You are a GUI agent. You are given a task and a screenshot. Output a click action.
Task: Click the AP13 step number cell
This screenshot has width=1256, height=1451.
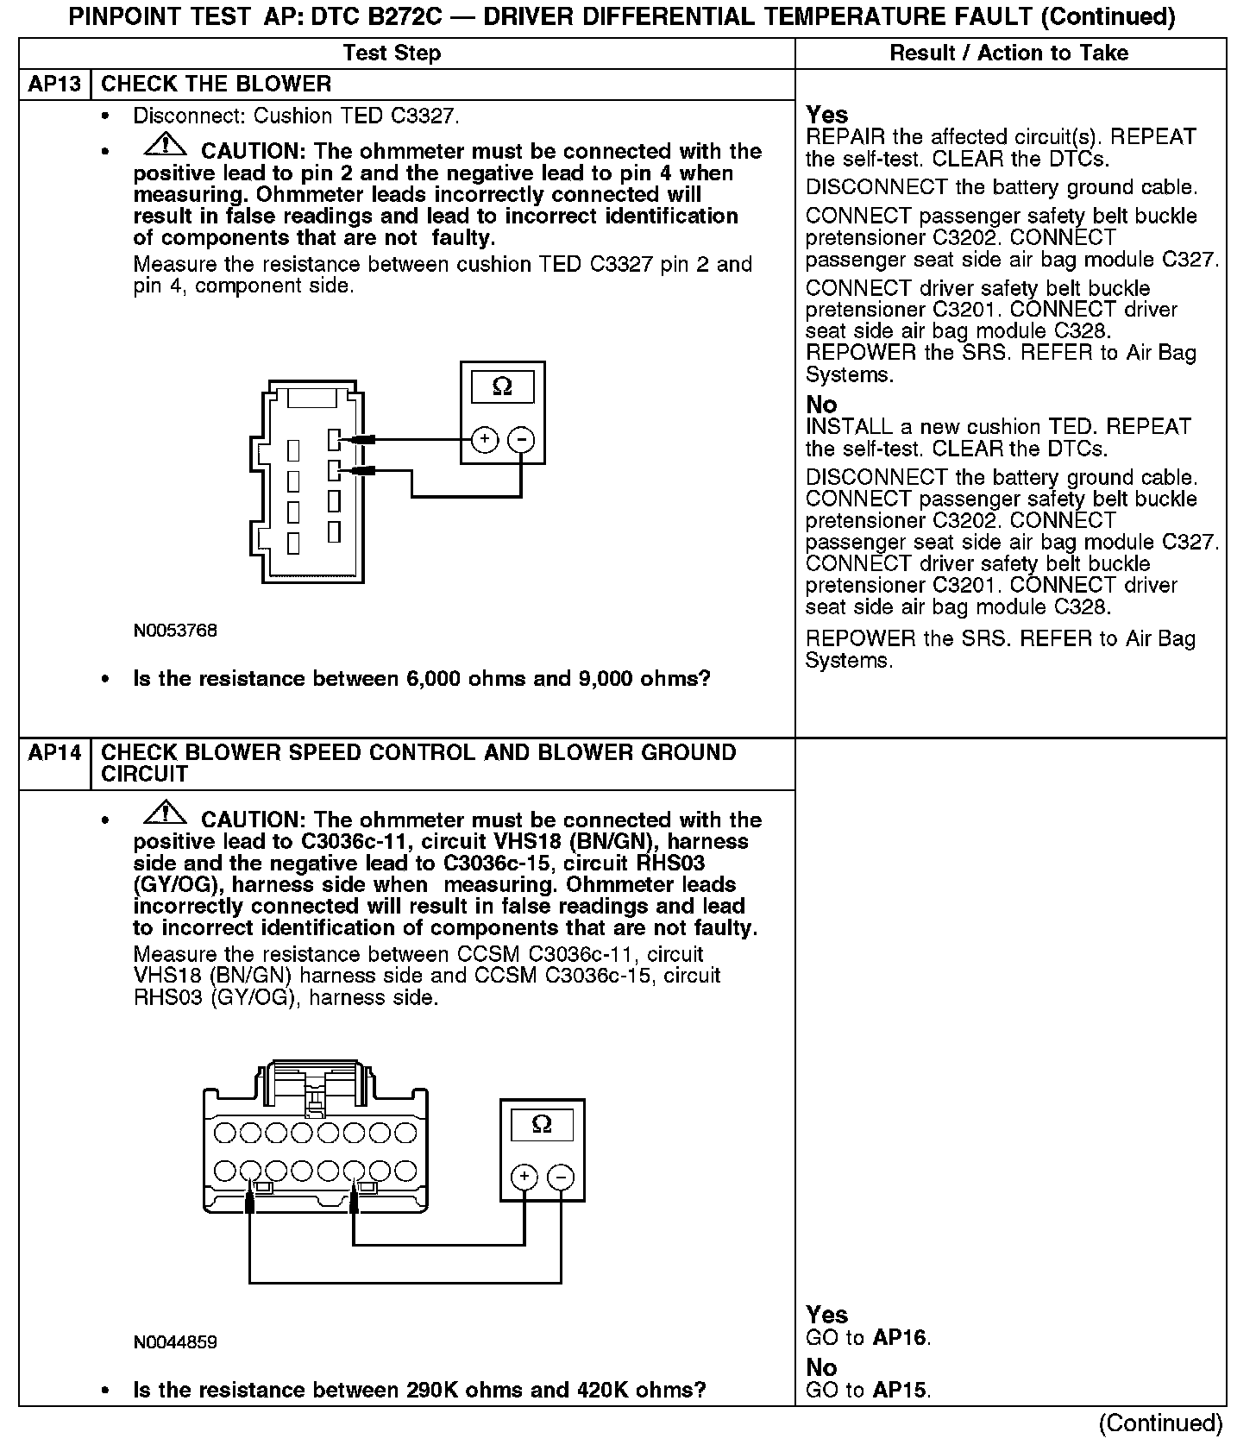tap(54, 85)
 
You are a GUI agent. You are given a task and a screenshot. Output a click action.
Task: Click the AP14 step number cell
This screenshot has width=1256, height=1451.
tap(54, 753)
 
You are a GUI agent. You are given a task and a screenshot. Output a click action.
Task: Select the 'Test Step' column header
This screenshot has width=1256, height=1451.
tap(392, 53)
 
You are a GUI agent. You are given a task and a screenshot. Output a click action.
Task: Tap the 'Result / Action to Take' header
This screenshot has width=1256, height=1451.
tap(1008, 53)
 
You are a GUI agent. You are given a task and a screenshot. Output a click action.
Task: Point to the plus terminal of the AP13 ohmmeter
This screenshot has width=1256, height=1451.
tap(485, 440)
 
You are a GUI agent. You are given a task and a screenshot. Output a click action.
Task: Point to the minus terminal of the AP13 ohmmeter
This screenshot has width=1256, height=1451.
tap(520, 440)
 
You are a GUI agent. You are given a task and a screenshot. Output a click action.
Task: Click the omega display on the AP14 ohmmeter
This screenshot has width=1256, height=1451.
tap(542, 1124)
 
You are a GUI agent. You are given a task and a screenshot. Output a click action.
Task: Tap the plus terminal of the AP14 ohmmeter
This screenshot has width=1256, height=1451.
tap(524, 1177)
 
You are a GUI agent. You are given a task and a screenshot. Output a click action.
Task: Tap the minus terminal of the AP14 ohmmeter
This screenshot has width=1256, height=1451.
tap(561, 1177)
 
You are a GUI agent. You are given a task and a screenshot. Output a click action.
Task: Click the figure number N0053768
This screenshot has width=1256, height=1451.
tap(175, 631)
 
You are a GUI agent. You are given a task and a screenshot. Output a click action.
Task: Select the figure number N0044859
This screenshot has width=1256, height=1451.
tap(175, 1342)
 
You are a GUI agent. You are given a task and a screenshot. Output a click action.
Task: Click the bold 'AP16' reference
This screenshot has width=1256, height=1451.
tap(900, 1338)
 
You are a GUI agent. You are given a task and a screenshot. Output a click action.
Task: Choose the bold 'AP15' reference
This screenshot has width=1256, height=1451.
tap(900, 1390)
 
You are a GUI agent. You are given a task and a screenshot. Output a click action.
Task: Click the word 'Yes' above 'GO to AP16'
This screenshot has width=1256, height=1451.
tap(826, 1315)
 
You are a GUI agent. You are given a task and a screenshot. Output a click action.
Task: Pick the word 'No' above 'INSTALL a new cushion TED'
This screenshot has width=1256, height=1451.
tap(821, 405)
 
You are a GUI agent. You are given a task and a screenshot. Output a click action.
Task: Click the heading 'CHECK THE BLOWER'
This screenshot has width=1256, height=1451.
tap(216, 85)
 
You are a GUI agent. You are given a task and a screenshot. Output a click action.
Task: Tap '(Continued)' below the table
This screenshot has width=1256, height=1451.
tap(1160, 1423)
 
